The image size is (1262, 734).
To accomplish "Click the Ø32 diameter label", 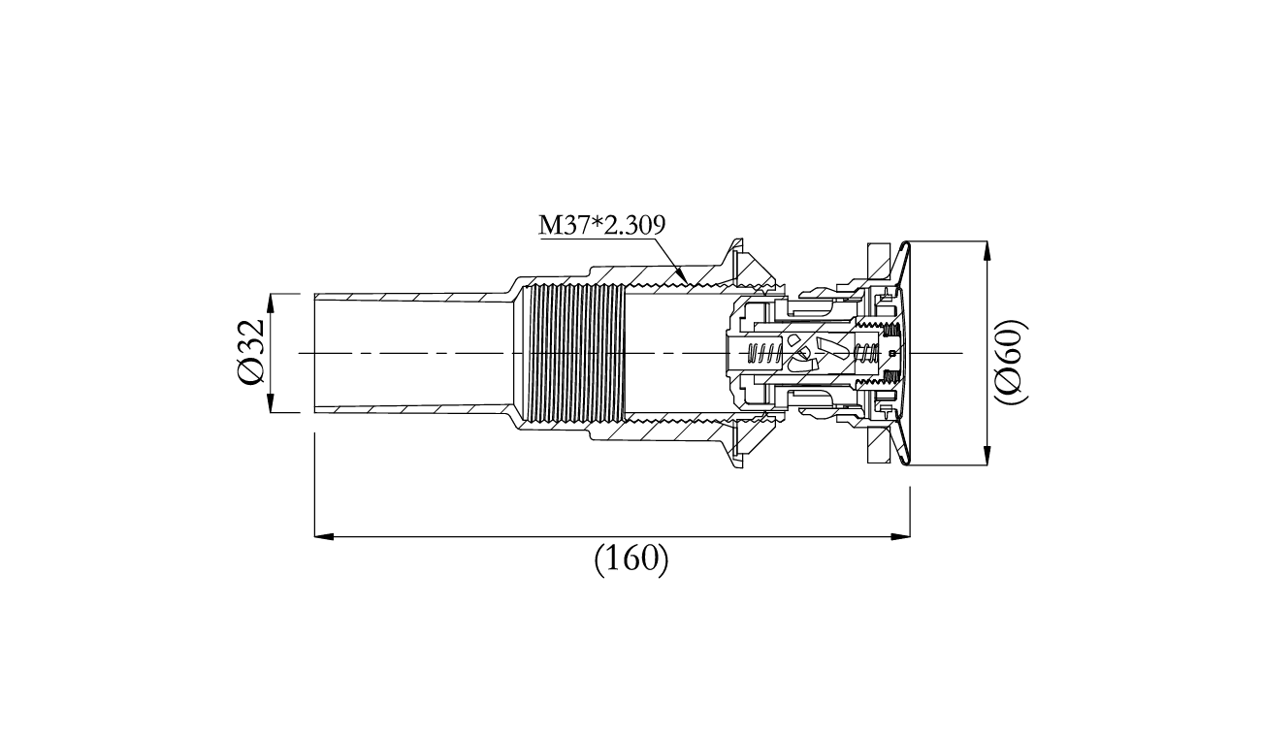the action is (x=250, y=352).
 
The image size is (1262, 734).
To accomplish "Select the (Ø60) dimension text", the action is (x=1010, y=362).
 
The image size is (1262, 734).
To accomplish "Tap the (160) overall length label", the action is (x=631, y=559).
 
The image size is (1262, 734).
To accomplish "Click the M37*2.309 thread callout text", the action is (x=601, y=225).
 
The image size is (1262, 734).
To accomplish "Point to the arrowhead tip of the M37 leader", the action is (x=687, y=283).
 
